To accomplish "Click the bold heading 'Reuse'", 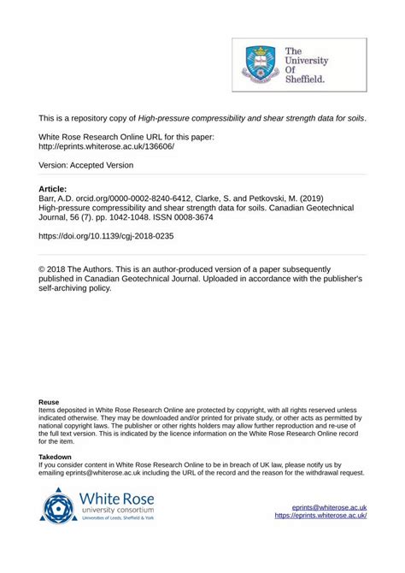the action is tap(49, 401).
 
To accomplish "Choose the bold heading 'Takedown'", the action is tap(56, 458).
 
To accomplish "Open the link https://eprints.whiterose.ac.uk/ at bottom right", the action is tap(320, 517).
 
